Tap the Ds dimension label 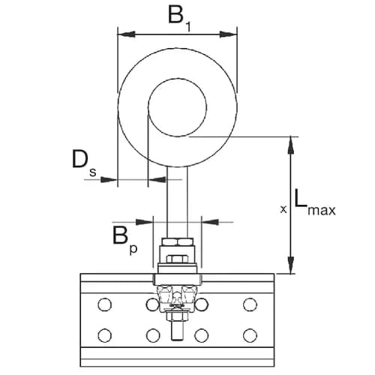(x=82, y=161)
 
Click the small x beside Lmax (x=283, y=210)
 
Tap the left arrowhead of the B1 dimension (x=124, y=33)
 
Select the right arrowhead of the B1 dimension (x=230, y=33)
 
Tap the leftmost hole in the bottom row (x=104, y=334)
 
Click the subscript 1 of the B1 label (x=188, y=25)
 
